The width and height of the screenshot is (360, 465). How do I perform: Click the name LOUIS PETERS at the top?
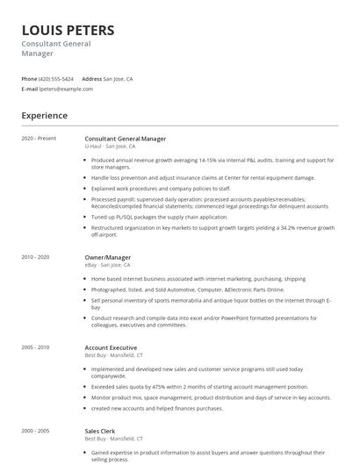(x=68, y=31)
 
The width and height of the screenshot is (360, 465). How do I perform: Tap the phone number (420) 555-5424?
(x=56, y=79)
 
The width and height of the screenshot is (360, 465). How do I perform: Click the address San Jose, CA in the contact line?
(x=118, y=79)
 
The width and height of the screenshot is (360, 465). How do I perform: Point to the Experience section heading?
(x=44, y=115)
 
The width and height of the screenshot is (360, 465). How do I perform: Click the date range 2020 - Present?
(x=39, y=139)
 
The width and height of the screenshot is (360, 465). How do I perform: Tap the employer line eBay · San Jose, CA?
(x=107, y=264)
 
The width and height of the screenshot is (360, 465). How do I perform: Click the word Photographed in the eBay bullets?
(x=110, y=289)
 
